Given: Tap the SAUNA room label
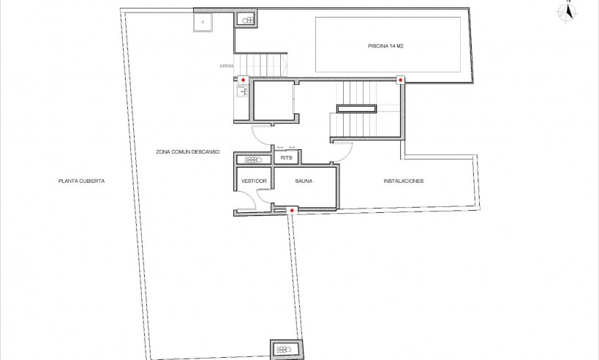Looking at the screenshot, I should pos(304,181).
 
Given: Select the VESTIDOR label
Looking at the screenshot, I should pos(253,181).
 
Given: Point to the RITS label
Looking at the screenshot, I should pos(287,158).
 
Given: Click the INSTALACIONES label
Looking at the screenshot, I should pos(403,181).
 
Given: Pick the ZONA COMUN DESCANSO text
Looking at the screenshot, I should pos(187,152).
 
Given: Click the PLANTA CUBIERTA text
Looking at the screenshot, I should pos(82,181).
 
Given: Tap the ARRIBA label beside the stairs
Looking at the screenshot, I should pos(226,66).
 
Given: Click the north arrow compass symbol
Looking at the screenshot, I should pos(565,10).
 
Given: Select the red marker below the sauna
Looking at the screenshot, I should pos(293,211).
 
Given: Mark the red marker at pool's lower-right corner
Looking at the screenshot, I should pos(400,79).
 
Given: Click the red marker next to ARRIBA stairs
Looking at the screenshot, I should pos(243,80).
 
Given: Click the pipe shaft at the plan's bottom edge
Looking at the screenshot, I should pos(285,349).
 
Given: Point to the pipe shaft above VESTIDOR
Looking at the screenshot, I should pos(253,160).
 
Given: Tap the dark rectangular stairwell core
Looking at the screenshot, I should pos(356,109).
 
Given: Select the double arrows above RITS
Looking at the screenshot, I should pos(286,148).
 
